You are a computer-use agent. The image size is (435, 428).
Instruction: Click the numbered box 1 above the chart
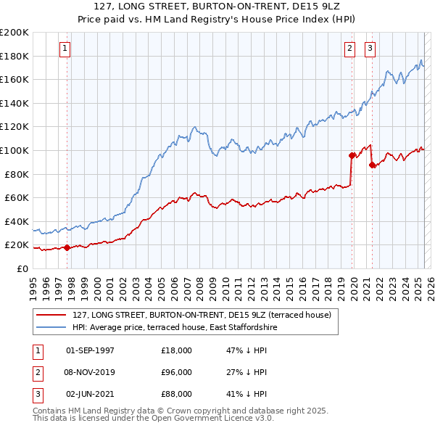point(65,49)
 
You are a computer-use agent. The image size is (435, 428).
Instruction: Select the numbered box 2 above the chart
point(349,49)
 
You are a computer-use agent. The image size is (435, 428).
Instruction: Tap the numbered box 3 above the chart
point(370,49)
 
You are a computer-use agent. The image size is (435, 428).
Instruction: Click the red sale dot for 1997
point(67,247)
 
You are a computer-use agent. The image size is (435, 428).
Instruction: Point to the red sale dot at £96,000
point(352,155)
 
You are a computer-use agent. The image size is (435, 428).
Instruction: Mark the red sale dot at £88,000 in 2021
point(372,165)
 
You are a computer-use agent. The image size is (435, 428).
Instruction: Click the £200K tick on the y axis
point(14,32)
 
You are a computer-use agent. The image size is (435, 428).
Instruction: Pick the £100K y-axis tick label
point(14,150)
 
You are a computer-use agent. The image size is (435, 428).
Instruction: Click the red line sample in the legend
point(51,315)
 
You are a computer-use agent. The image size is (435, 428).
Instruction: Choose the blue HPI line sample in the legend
point(51,327)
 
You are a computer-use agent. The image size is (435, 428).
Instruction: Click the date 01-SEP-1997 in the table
point(90,350)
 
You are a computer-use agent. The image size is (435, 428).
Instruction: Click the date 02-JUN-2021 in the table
point(90,395)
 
